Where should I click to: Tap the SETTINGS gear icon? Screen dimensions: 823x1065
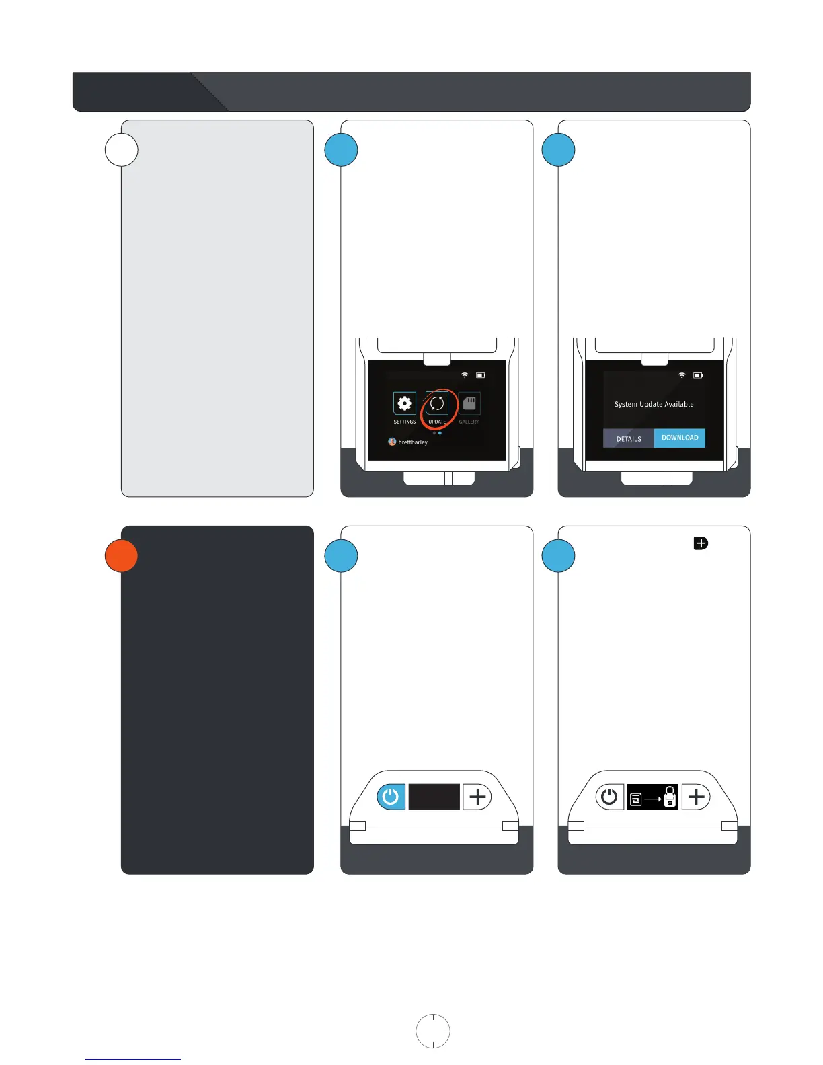pos(405,403)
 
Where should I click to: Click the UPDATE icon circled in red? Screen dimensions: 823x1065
pos(437,403)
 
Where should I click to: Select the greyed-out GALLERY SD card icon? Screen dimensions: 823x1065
pos(469,403)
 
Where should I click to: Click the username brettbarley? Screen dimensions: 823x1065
pos(413,442)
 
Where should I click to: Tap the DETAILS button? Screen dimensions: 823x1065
pos(629,438)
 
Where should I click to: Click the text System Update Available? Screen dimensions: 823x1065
pos(654,404)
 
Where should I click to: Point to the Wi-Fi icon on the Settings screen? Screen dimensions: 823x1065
pos(464,375)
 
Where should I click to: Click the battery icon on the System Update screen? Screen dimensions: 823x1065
pos(698,375)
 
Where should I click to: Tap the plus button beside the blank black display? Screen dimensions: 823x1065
pos(477,797)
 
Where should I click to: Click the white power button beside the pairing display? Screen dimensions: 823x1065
pos(609,797)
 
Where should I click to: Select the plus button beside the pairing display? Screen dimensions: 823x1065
pos(696,797)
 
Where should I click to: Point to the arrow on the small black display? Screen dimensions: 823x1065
pos(652,799)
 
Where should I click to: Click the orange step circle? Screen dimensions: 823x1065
pos(122,556)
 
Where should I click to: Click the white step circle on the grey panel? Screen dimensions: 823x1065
pos(122,150)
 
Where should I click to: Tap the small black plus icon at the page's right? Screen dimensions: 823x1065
pos(701,543)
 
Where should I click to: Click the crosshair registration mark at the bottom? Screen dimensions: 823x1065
pos(433,1031)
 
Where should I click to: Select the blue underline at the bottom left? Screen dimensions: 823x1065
pos(133,1059)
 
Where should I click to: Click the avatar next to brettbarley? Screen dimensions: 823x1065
pos(392,442)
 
